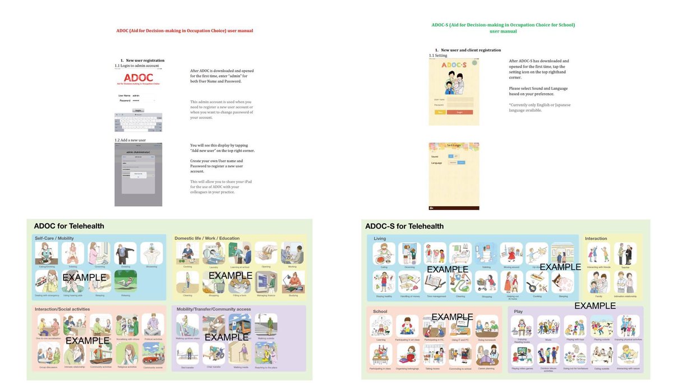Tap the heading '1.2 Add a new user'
(x=130, y=140)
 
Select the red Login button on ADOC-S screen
(x=459, y=112)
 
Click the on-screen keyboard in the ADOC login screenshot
(x=139, y=122)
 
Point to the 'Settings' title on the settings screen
(x=454, y=145)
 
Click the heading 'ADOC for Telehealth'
(x=69, y=226)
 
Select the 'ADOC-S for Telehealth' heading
(x=404, y=226)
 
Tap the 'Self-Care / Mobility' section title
(x=54, y=238)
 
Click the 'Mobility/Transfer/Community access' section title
(x=213, y=309)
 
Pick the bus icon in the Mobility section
(x=239, y=325)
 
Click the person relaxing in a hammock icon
(x=125, y=281)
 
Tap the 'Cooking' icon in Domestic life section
(x=187, y=253)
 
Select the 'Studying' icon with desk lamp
(x=293, y=281)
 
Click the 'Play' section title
(x=518, y=311)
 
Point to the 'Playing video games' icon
(x=522, y=354)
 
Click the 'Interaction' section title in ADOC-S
(x=596, y=239)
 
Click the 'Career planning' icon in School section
(x=487, y=354)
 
